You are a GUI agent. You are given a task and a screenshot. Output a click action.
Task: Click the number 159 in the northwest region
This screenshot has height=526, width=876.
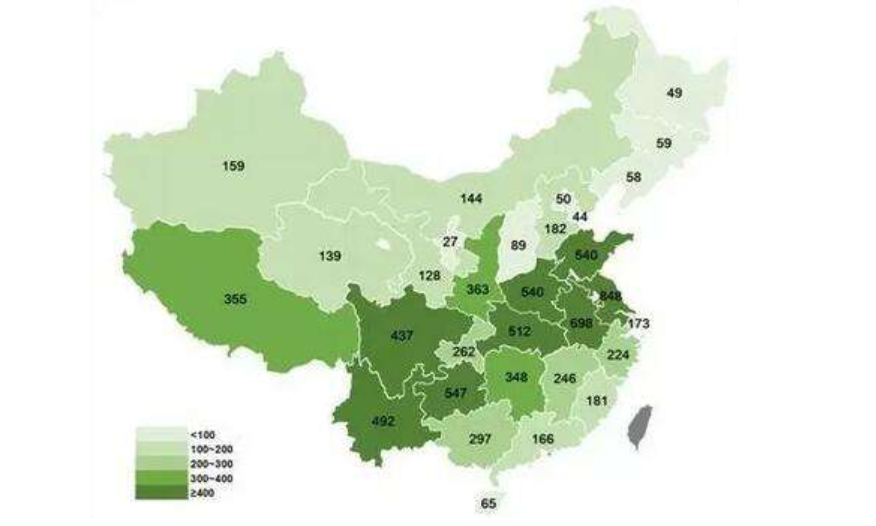233,166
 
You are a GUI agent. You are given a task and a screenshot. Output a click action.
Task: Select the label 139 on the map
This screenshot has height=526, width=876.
330,257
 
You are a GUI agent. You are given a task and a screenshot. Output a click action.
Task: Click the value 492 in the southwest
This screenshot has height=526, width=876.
384,421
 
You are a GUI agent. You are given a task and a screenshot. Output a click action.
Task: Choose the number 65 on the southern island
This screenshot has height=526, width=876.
488,503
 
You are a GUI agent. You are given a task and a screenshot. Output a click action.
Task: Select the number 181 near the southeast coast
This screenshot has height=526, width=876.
597,401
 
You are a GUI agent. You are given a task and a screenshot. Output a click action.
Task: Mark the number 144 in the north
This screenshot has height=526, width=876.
471,199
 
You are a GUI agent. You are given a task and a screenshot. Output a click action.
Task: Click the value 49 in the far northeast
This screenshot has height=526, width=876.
674,93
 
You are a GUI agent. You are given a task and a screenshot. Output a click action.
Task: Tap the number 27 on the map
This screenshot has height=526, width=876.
450,242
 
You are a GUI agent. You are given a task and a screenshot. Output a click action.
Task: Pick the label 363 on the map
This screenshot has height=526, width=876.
477,289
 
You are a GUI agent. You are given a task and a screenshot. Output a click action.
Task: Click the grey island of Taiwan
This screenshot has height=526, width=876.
637,424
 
